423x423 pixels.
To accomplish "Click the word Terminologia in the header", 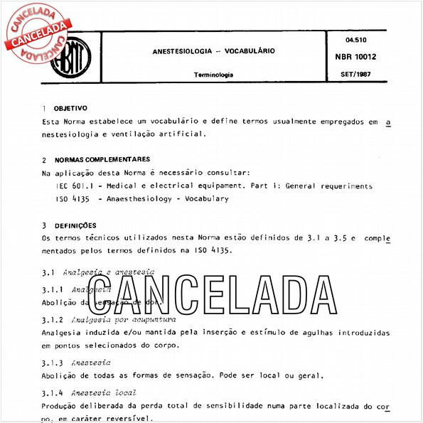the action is click(213, 75).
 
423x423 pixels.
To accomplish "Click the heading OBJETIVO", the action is click(70, 109).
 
